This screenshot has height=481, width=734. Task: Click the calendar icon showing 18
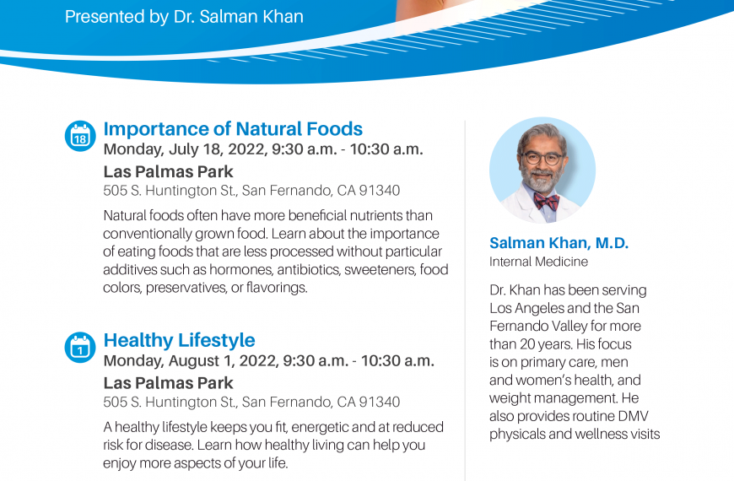(80, 137)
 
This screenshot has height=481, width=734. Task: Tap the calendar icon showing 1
(80, 348)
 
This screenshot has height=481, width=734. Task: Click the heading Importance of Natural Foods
(233, 129)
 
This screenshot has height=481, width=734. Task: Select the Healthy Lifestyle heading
(180, 340)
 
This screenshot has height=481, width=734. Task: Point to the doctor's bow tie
(547, 202)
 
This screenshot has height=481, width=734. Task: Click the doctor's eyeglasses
(542, 159)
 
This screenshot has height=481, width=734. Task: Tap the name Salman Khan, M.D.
(559, 242)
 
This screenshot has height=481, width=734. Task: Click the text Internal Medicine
(539, 262)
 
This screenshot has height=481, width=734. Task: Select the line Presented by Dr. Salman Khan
(184, 17)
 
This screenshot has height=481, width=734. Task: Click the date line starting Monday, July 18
(263, 149)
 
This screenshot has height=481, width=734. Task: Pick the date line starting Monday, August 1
(268, 361)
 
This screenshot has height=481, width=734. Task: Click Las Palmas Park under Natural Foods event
(168, 172)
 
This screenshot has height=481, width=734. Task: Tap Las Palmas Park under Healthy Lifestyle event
(168, 383)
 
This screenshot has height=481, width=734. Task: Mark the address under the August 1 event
(252, 403)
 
